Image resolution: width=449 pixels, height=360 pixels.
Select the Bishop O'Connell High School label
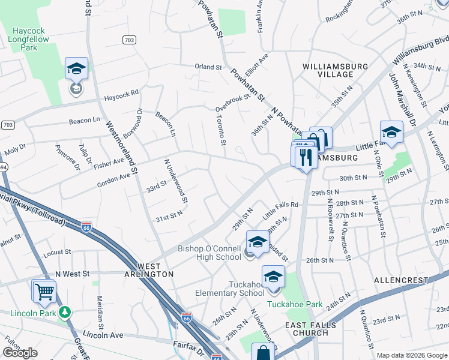pyautogui.click(x=209, y=253)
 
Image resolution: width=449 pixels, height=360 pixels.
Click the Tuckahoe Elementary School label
pyautogui.click(x=230, y=289)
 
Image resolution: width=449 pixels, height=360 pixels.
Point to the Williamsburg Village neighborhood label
pyautogui.click(x=328, y=70)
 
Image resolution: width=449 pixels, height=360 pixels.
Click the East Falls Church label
pyautogui.click(x=311, y=329)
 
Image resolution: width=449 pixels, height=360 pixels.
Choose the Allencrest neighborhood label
pyautogui.click(x=399, y=280)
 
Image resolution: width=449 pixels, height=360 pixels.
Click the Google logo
pyautogui.click(x=20, y=353)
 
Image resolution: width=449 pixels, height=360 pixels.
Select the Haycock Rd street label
pyautogui.click(x=121, y=94)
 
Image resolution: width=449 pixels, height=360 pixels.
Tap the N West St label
pyautogui.click(x=72, y=273)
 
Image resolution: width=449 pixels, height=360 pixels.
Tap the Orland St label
pyautogui.click(x=208, y=67)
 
